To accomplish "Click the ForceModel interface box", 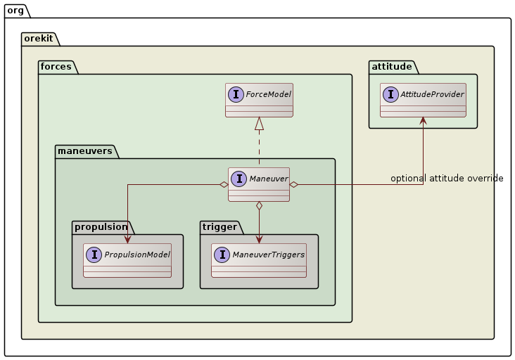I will pos(259,100).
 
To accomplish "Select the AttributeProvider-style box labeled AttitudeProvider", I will pos(423,100).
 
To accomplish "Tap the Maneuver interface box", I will pos(259,184).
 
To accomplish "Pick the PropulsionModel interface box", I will pos(127,260).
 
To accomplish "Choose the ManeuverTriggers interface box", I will pos(259,260).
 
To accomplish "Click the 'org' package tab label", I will pos(16,10).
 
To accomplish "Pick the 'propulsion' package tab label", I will pos(101,226).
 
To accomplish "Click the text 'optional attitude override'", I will pos(447,179).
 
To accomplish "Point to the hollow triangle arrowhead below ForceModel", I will pos(259,124).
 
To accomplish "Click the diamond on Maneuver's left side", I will pos(223,184).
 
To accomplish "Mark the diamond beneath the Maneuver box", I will pos(259,206).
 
